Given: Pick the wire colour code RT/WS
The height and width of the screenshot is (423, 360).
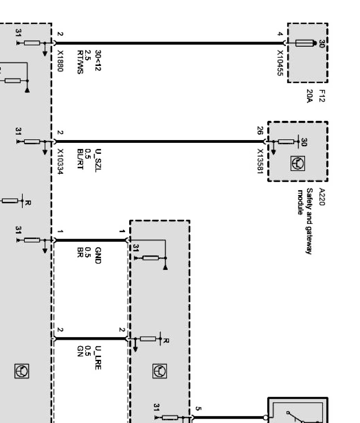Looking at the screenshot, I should tap(80, 62).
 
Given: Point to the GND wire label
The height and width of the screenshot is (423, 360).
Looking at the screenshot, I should tap(98, 253).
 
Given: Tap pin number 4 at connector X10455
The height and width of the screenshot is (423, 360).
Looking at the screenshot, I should tap(280, 34).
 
